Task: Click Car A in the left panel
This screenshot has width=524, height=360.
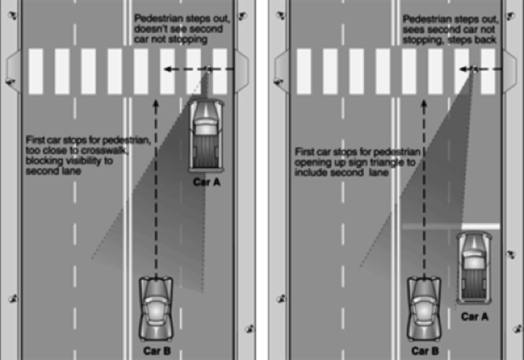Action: tap(205, 133)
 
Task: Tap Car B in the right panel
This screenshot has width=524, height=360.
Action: tap(423, 306)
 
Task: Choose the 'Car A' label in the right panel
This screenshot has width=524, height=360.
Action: tap(475, 316)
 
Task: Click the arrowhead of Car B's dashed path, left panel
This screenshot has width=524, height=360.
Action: tap(156, 105)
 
